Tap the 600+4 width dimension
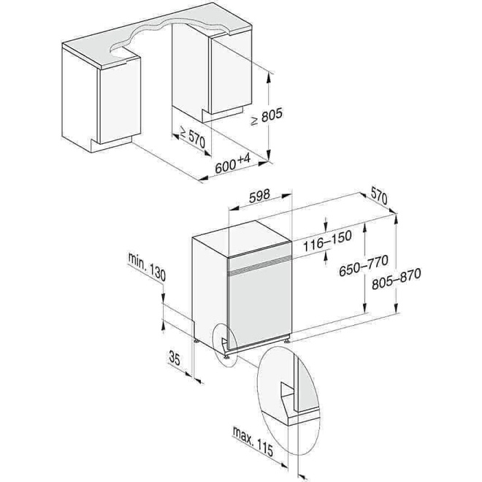233,163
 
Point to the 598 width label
260,195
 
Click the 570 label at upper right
378,195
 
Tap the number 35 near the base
175,358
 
